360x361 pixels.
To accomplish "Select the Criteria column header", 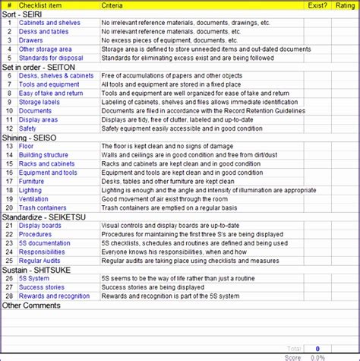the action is pyautogui.click(x=114, y=5).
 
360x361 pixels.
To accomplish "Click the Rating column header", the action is pyautogui.click(x=345, y=5).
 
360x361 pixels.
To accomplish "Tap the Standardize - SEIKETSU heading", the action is pyautogui.click(x=43, y=217).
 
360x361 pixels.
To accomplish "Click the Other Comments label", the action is pyautogui.click(x=32, y=306).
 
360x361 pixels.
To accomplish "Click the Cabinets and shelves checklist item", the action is pyautogui.click(x=49, y=23).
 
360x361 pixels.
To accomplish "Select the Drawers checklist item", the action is pyautogui.click(x=31, y=40).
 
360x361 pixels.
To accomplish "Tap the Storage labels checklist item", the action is pyautogui.click(x=39, y=102).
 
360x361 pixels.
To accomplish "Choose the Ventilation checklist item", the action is pyautogui.click(x=33, y=199).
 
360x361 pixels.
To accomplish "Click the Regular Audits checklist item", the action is pyautogui.click(x=40, y=261).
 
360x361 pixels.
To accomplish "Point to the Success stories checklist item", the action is pyautogui.click(x=43, y=287).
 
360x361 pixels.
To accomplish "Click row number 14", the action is pyautogui.click(x=9, y=155).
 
